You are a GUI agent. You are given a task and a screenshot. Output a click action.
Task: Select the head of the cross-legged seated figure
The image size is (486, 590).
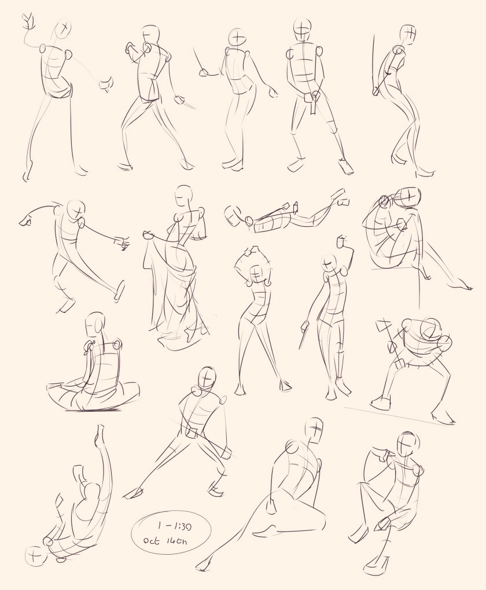click(95, 323)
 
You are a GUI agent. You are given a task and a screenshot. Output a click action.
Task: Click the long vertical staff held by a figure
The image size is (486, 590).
click(374, 64)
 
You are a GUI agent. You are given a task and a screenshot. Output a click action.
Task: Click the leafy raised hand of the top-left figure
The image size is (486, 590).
click(28, 23)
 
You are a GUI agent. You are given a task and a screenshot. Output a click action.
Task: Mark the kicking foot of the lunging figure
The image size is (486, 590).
click(120, 291)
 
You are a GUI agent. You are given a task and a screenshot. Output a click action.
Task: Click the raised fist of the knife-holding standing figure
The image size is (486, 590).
click(342, 241)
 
